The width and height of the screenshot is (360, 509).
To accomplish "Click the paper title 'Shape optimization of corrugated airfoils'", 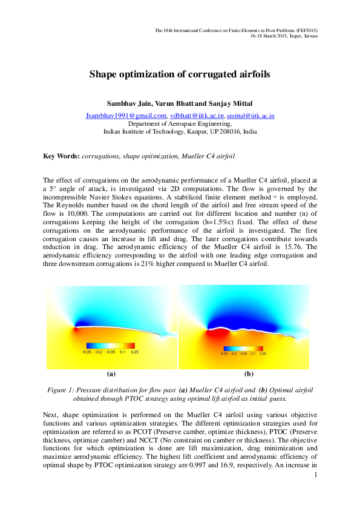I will coord(180,75).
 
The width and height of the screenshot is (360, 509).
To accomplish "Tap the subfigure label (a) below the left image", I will coord(111,374).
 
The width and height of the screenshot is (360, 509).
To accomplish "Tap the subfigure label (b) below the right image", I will coord(248,374).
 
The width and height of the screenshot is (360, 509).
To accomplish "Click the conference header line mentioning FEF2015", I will coord(236,30).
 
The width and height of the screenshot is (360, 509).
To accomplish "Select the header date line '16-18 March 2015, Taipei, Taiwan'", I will coord(284,36).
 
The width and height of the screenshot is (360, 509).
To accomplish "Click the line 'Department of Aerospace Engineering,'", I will coord(180,123).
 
